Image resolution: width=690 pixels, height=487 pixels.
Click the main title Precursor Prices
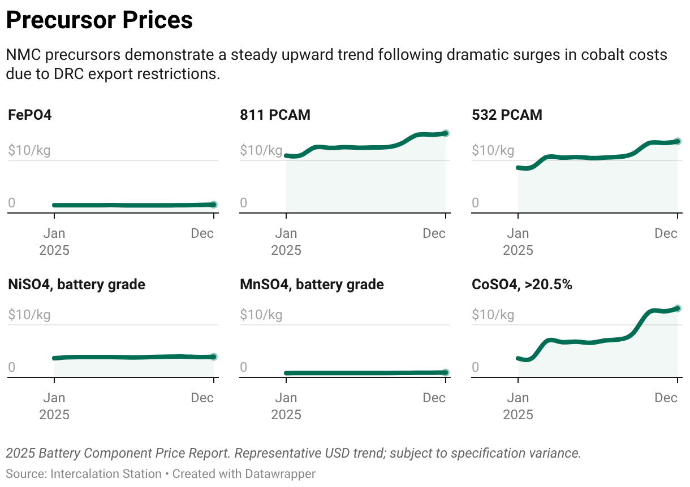click(100, 20)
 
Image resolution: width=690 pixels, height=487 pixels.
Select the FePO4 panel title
click(30, 115)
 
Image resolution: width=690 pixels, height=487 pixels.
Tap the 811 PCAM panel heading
click(275, 115)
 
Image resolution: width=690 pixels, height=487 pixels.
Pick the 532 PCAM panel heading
click(507, 115)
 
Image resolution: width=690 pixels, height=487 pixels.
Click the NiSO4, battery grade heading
click(76, 285)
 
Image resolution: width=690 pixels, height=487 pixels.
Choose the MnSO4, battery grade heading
click(312, 285)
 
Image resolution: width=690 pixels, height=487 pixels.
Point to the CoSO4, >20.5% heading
click(522, 285)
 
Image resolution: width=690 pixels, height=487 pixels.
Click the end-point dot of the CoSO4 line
click(678, 308)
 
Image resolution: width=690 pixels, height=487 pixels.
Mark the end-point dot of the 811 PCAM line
click(446, 133)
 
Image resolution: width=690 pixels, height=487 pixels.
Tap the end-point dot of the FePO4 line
click(213, 205)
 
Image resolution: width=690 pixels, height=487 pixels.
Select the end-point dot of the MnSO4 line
click(446, 372)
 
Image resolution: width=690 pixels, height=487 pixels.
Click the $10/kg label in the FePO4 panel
click(29, 151)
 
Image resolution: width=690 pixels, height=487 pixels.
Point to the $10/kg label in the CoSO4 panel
click(493, 315)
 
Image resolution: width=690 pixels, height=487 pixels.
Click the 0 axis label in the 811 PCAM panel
click(244, 203)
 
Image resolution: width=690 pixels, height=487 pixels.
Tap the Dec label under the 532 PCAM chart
click(666, 233)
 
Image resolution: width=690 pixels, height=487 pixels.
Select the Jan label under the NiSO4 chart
click(54, 398)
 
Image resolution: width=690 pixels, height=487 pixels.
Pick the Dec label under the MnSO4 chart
click(434, 398)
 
